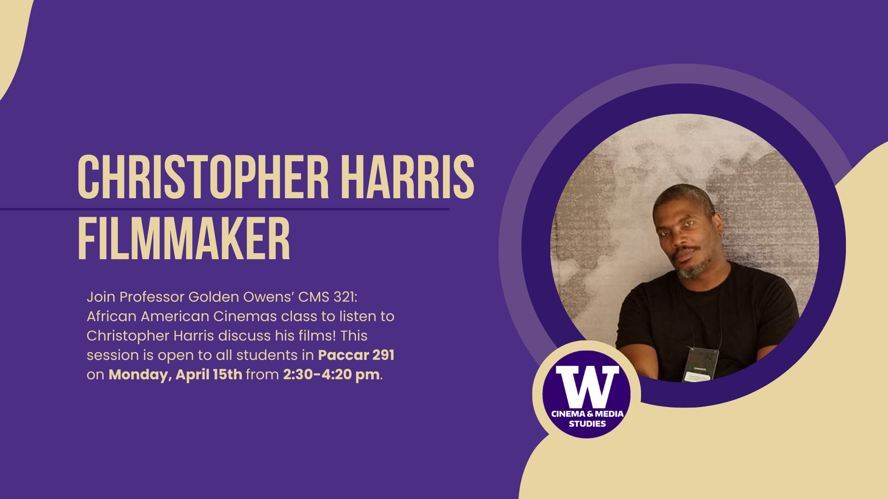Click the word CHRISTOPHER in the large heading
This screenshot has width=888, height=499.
[x=203, y=177]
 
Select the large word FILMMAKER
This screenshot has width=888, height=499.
[x=184, y=239]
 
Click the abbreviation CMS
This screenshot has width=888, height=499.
[x=312, y=297]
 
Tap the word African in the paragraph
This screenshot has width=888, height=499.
[x=111, y=316]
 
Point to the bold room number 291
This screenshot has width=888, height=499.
[x=383, y=355]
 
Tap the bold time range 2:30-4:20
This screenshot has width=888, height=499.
[x=317, y=374]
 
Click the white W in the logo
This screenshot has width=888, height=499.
[x=587, y=386]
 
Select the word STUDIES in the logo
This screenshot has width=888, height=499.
[x=587, y=424]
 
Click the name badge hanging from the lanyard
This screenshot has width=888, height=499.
[x=702, y=364]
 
